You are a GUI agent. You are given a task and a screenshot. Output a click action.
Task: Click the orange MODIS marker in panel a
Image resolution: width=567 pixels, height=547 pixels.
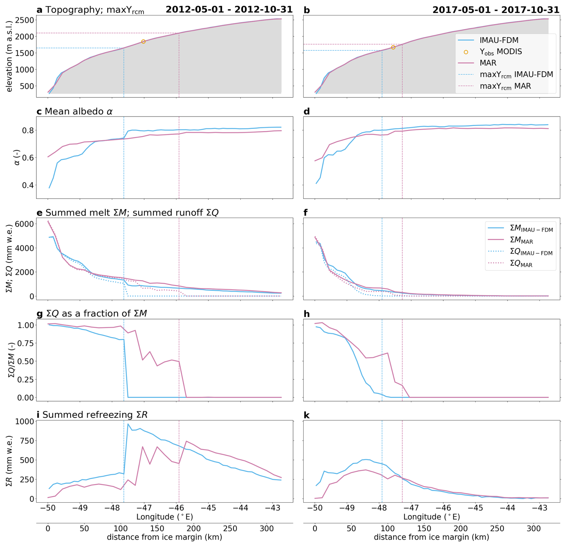pos(143,42)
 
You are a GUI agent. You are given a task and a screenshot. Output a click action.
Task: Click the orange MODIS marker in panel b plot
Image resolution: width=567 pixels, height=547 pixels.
pos(393,47)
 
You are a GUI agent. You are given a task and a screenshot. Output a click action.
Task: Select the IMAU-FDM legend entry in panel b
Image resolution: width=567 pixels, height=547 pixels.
pos(499,40)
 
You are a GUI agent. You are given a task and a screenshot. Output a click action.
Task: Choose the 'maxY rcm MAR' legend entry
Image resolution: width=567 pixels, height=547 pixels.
pos(505,86)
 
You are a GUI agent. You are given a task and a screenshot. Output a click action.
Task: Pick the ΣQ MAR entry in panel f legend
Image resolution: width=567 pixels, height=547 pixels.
pos(521,264)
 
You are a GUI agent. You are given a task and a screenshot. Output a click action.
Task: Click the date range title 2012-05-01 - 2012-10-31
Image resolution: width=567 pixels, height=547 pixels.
pos(229,10)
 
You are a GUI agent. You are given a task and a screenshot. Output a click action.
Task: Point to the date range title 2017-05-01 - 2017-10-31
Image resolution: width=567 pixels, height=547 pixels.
pos(496,10)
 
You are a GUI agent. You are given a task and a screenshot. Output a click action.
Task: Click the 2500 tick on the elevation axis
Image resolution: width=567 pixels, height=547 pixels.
pos(25,20)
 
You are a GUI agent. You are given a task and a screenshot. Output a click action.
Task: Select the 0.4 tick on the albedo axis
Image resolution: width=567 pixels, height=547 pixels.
pos(28,185)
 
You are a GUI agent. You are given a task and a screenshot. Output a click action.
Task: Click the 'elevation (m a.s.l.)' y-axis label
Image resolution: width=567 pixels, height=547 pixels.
pos(9,56)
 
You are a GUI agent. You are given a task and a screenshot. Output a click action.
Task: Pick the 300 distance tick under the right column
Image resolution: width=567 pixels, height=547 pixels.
pos(533,528)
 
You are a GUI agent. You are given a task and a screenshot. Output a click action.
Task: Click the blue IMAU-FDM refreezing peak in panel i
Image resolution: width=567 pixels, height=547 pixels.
pos(128,424)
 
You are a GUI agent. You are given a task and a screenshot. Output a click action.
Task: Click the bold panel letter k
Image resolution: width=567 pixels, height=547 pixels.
pos(307,415)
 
